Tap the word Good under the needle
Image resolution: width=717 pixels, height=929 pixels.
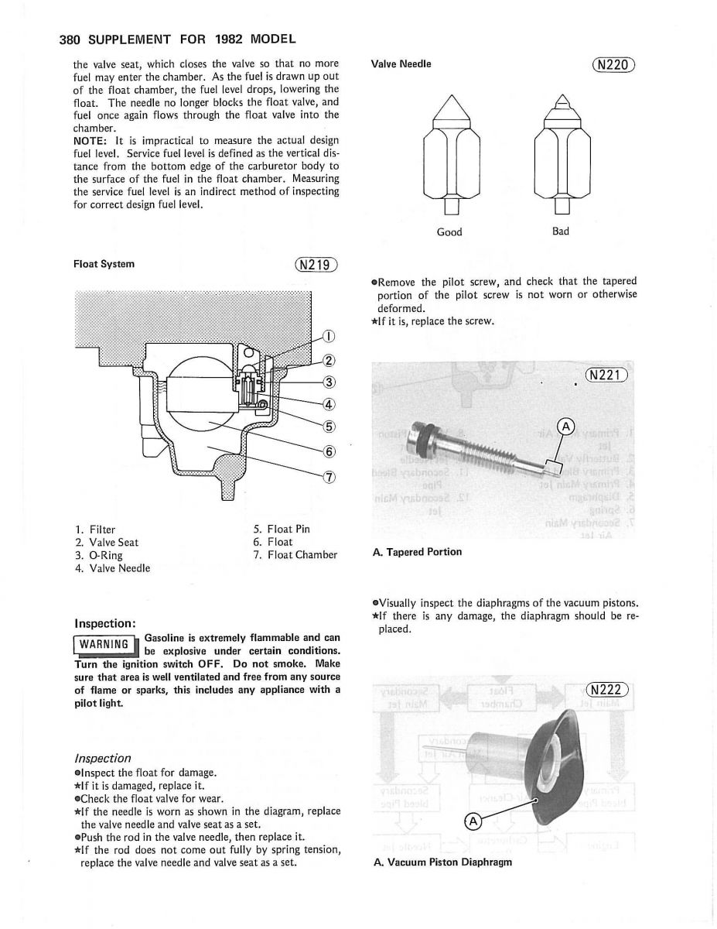pos(449,231)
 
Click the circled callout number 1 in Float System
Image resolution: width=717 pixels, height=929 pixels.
pos(329,336)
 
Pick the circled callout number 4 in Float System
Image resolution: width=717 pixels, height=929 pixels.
pos(329,403)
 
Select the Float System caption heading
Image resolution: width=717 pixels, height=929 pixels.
pos(104,264)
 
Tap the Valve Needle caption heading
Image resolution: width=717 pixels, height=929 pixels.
pos(401,64)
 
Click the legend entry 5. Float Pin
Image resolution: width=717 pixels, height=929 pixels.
pos(281,529)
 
